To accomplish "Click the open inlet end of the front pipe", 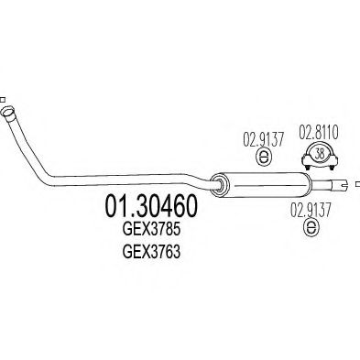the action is [10, 115].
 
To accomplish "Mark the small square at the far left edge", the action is [3, 98].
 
